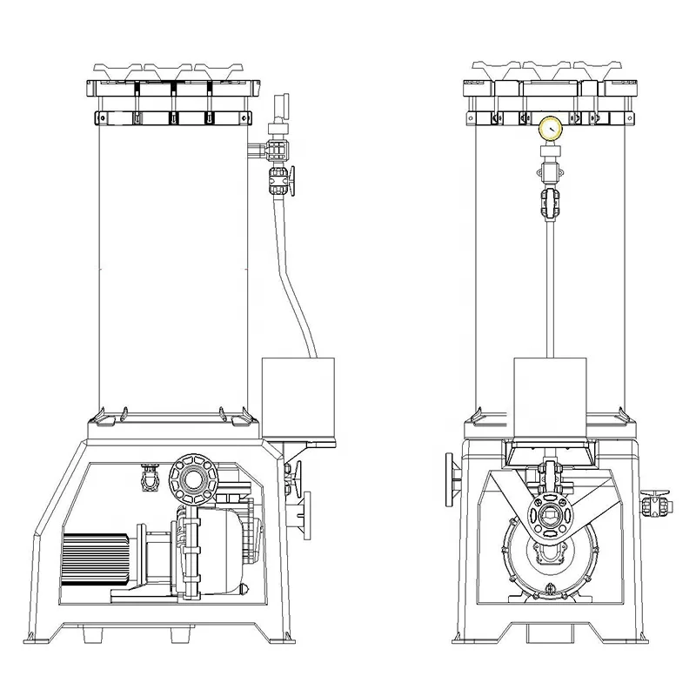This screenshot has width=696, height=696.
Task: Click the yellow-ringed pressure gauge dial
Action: coord(550,129)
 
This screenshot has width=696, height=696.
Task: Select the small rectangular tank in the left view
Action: coord(298,397)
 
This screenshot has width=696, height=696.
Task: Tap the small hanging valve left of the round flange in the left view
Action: coord(149,479)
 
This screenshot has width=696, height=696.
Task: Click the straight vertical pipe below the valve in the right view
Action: coord(550,287)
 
